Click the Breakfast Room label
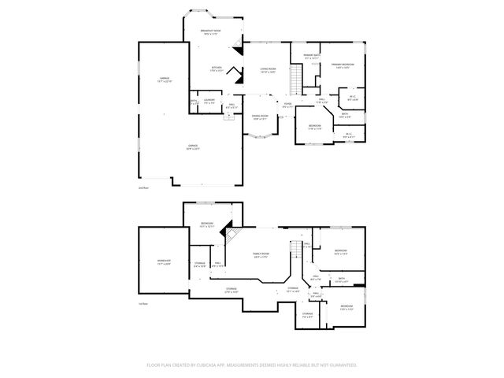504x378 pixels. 212,31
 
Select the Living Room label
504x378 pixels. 268,70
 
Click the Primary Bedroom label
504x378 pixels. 343,65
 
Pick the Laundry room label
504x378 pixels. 209,101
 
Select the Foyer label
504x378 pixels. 288,105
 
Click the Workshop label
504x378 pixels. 164,262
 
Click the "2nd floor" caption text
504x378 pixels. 143,188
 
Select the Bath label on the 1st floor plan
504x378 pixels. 341,279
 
